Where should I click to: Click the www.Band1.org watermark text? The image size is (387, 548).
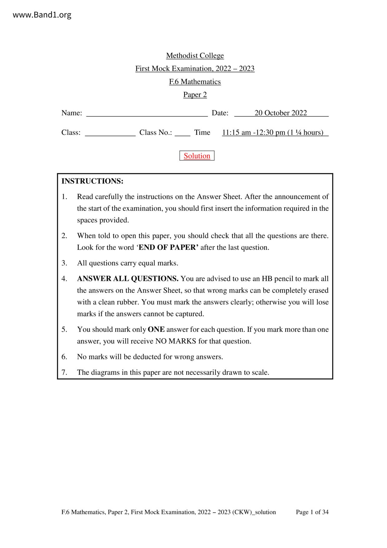(x=42, y=15)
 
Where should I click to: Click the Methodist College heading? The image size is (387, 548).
(x=195, y=56)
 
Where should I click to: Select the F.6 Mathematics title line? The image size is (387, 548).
(x=195, y=82)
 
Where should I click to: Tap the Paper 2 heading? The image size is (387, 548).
(x=195, y=95)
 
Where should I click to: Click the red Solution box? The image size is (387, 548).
(x=197, y=156)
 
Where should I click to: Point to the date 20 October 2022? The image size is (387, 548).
(x=281, y=113)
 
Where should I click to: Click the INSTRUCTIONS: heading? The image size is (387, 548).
(x=92, y=181)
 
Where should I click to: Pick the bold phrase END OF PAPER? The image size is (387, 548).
(x=168, y=247)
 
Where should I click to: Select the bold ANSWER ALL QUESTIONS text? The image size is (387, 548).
(x=128, y=279)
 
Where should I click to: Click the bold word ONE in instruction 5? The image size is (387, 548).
(x=156, y=329)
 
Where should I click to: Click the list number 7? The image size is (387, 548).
(x=64, y=372)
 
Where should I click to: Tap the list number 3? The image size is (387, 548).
(x=64, y=263)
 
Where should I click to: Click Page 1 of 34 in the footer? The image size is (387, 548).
(x=312, y=512)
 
